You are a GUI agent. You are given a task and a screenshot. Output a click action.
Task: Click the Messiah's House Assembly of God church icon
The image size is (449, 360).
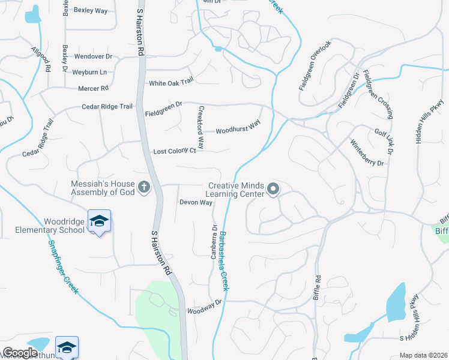tap(143, 188)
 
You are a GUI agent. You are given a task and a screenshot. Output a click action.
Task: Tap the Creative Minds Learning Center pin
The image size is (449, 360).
tap(273, 190)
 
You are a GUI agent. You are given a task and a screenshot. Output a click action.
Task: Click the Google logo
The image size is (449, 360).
tap(20, 353)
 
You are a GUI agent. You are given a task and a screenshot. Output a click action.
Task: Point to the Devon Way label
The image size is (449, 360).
tap(196, 203)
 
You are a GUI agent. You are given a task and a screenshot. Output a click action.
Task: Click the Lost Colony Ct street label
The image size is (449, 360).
tap(175, 151)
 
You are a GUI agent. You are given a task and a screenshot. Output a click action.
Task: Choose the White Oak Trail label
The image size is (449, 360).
tap(171, 83)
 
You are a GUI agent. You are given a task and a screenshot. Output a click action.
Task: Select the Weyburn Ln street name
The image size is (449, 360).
tap(89, 72)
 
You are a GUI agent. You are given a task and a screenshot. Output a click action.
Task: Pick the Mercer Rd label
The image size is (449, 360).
tap(93, 88)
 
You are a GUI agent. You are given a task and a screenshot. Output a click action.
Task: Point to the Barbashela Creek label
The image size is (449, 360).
tap(223, 258)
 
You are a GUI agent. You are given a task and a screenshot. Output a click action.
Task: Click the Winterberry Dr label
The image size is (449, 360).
tap(367, 155)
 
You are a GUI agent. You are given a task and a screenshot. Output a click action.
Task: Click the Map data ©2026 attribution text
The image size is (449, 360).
tap(423, 355)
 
